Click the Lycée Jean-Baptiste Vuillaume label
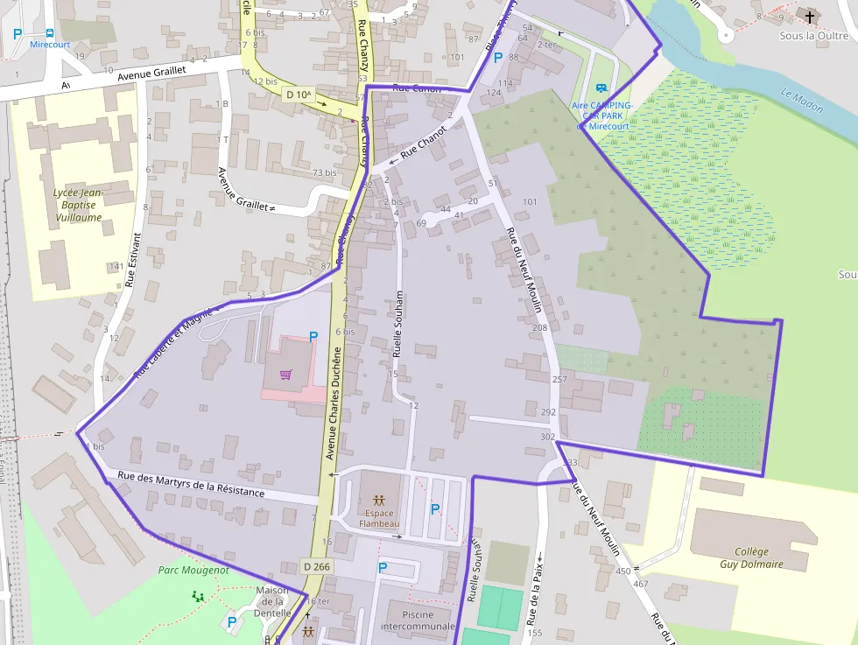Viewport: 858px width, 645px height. (78, 205)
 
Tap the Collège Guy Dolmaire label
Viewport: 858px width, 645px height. (751, 557)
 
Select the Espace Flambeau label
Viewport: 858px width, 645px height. (379, 517)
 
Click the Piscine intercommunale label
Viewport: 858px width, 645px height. (418, 620)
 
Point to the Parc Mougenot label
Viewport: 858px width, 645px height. (193, 570)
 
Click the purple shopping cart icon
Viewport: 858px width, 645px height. (286, 375)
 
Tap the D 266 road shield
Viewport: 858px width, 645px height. (316, 566)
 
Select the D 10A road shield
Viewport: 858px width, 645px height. (299, 94)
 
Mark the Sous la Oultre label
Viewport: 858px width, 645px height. (814, 36)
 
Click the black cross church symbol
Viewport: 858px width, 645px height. (810, 17)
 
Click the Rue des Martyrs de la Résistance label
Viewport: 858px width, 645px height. (191, 484)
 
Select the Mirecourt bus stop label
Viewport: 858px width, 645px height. (50, 44)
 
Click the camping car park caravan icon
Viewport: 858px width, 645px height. (601, 88)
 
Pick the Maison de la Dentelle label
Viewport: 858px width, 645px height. (271, 601)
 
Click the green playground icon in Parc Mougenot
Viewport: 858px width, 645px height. (198, 596)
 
